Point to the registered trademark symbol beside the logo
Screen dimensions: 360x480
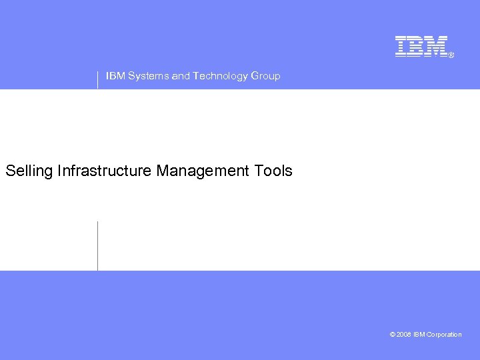(451, 55)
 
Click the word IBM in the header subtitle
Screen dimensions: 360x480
(115, 76)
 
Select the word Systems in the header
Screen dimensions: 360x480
(148, 76)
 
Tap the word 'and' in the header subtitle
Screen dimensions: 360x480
(181, 76)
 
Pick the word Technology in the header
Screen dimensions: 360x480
(220, 76)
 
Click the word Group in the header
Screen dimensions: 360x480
(265, 76)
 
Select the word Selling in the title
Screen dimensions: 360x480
(29, 171)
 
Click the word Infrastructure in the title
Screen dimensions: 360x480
(105, 171)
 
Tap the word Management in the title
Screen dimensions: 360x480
(203, 171)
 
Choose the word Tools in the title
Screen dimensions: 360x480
(273, 171)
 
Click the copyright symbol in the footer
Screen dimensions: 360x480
(393, 335)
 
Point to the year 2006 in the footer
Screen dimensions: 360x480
(404, 335)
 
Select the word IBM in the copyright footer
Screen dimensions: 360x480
(419, 335)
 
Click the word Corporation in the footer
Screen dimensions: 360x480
(445, 335)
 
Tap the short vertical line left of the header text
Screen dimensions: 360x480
(97, 79)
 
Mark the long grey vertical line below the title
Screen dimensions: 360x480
(97, 245)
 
